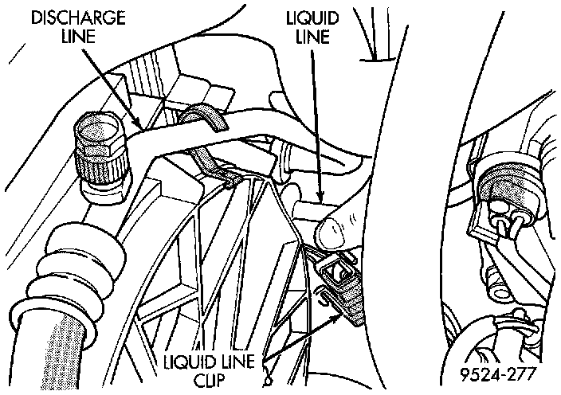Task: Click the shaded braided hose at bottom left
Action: [40, 350]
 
